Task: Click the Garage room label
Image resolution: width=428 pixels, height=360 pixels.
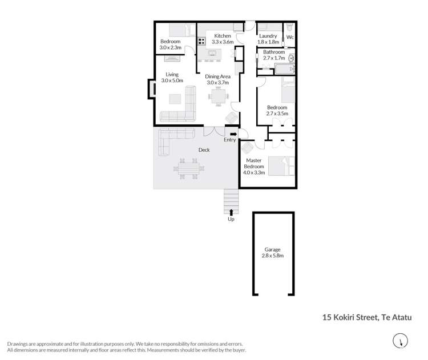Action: click(x=272, y=250)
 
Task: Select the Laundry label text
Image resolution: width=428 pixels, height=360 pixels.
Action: click(x=268, y=36)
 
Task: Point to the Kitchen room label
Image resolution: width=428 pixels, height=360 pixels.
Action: click(x=223, y=36)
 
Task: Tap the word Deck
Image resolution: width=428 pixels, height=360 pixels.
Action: click(x=204, y=150)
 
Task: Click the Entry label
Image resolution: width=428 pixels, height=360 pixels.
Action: click(x=230, y=140)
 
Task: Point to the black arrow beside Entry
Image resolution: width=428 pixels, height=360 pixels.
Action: click(x=233, y=134)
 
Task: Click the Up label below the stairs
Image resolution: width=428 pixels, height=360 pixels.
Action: click(x=231, y=219)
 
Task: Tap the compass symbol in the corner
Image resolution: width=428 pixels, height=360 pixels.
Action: click(x=402, y=340)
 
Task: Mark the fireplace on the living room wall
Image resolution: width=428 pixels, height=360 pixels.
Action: click(x=151, y=90)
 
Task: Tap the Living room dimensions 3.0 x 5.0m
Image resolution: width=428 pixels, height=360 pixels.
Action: click(x=172, y=81)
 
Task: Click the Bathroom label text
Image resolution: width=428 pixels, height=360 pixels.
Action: click(x=274, y=52)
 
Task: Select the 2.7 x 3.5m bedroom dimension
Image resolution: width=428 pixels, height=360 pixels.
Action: click(x=277, y=114)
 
